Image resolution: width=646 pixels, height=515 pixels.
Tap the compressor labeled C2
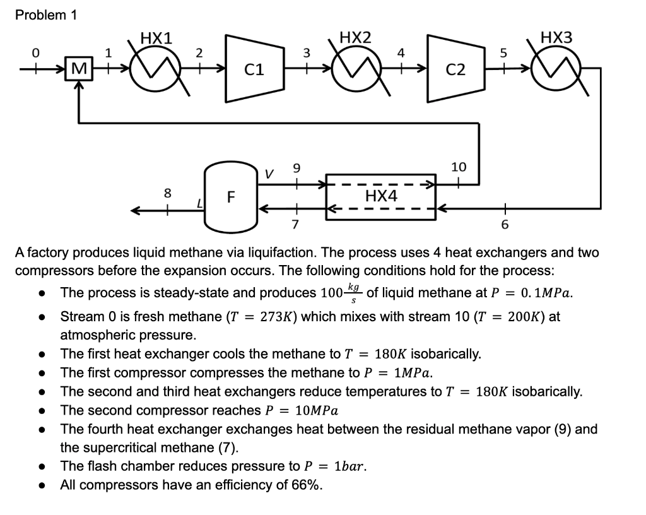click(455, 69)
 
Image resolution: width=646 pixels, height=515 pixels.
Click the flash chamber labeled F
click(231, 196)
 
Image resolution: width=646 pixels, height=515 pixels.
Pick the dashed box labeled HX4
click(381, 196)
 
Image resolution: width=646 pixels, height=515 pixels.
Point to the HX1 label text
click(156, 37)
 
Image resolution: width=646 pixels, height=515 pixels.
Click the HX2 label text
click(355, 37)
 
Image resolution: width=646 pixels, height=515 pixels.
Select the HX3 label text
click(556, 37)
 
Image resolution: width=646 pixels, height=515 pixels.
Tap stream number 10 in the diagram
click(459, 167)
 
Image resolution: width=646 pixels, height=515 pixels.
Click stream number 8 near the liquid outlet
click(168, 194)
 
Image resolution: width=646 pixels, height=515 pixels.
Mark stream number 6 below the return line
click(504, 225)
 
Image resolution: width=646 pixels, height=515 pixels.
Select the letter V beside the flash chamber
click(269, 173)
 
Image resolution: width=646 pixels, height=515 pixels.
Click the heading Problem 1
click(45, 16)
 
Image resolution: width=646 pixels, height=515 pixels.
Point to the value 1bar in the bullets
click(345, 466)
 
